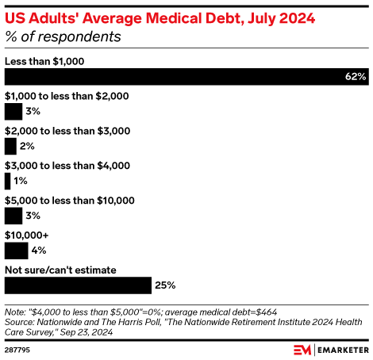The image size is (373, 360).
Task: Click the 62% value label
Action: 356,77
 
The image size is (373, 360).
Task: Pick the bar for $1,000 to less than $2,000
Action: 13,112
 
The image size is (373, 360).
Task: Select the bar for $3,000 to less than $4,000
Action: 7,182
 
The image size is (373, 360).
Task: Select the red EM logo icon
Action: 302,349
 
